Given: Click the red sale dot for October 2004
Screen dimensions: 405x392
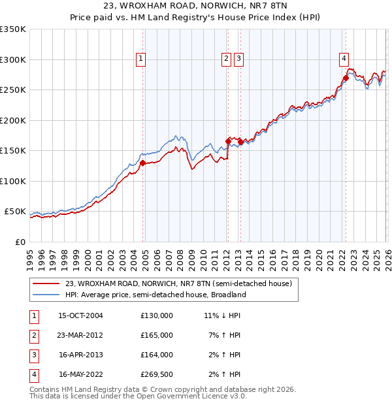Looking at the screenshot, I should point(142,163).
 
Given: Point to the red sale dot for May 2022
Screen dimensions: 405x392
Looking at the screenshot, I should point(346,78).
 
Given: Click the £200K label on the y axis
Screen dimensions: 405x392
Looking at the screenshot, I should point(13,120).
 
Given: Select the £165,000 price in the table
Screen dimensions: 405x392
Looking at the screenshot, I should point(157,335).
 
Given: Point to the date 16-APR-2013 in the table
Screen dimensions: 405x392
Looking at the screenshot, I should point(80,355).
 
